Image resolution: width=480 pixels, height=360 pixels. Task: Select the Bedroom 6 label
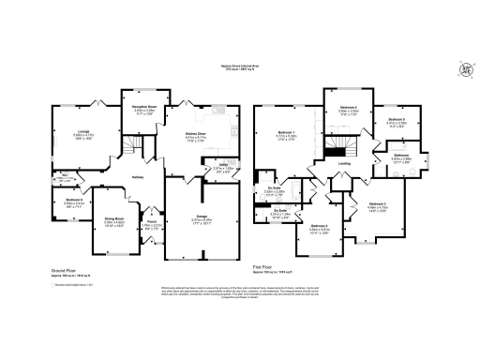pos(75,199)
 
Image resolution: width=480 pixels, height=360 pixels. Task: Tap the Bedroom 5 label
pos(395,120)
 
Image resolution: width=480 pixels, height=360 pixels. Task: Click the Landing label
pos(344,162)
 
